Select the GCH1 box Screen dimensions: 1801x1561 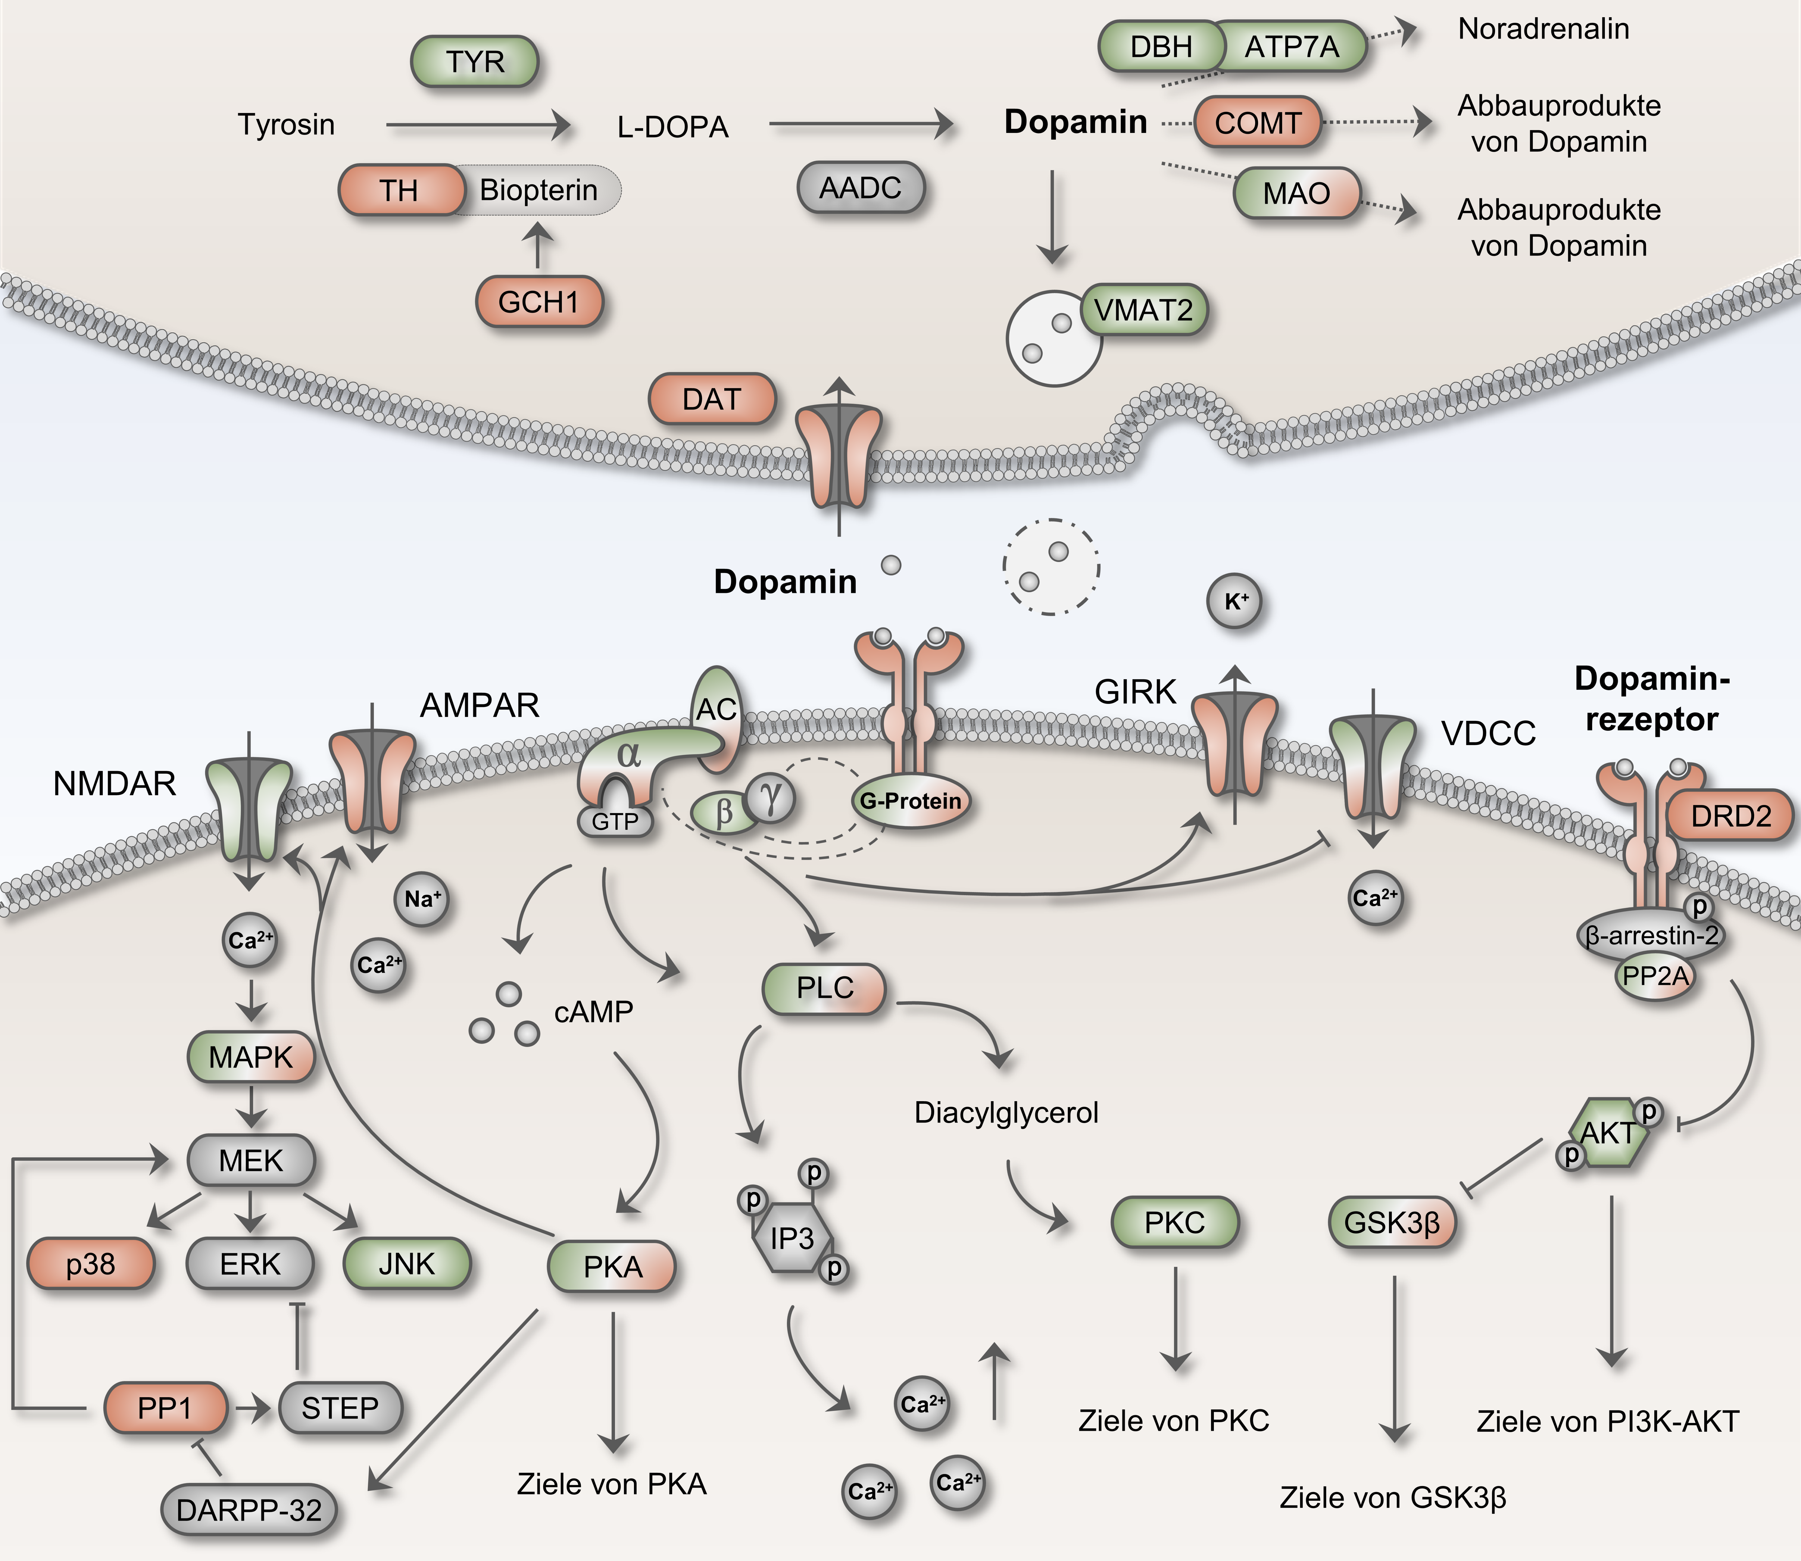pos(539,302)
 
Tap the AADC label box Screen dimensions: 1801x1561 pos(860,187)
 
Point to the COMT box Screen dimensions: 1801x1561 pos(1257,122)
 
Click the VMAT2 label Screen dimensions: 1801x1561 pos(1143,309)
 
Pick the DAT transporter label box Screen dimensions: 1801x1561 pos(712,399)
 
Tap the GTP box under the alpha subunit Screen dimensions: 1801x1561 pos(615,821)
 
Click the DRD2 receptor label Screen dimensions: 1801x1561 pos(1731,816)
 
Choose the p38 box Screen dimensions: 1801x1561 pos(91,1264)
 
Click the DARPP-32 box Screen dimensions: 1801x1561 pos(248,1510)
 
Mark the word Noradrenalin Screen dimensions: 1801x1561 pos(1543,29)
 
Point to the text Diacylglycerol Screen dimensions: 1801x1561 pos(1006,1112)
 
